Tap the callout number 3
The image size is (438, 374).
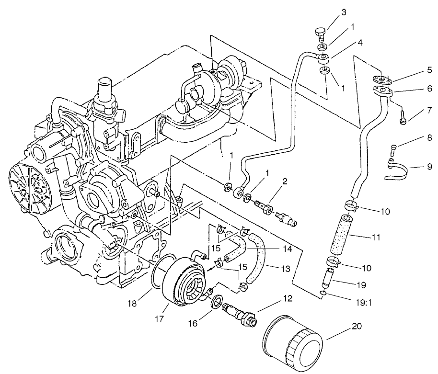coord(344,11)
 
